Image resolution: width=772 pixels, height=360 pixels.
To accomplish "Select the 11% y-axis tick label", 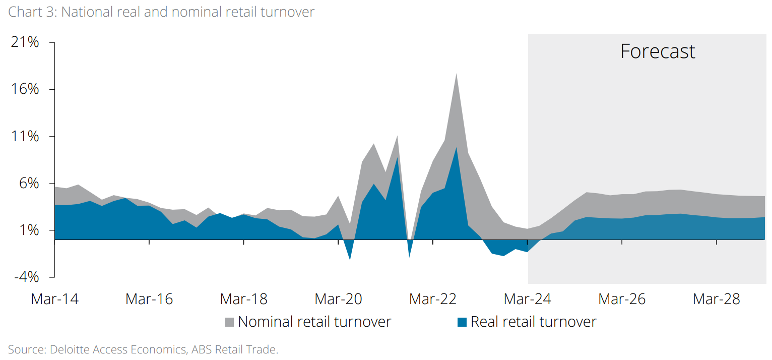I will [x=25, y=136].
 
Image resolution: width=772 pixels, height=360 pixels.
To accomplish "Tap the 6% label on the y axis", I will [x=29, y=183].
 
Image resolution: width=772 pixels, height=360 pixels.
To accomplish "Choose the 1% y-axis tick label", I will [x=29, y=230].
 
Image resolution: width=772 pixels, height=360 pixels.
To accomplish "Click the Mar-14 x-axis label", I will [x=54, y=299].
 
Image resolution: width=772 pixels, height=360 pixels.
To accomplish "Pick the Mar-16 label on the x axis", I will [x=149, y=299].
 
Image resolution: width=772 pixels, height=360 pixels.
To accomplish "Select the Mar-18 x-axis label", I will [x=244, y=299].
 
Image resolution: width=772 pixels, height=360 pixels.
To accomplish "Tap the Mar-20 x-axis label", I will [x=338, y=299].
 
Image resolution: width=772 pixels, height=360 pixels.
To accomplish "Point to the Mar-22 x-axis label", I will [x=433, y=299].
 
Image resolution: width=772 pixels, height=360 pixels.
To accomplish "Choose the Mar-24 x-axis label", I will [x=528, y=299].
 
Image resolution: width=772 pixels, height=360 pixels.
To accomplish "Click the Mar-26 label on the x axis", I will [x=622, y=299].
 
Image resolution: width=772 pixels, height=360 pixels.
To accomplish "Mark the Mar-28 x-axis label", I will [x=717, y=299].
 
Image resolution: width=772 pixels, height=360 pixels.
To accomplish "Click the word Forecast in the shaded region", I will [x=658, y=51].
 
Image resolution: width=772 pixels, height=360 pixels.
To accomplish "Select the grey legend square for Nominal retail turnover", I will [x=229, y=322].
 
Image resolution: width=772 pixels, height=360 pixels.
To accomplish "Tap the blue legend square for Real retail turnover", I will [x=462, y=322].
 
